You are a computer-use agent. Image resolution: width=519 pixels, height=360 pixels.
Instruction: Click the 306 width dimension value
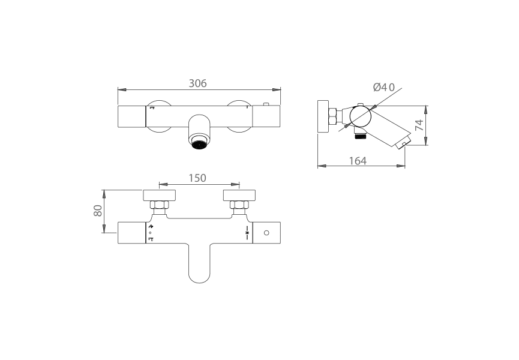coord(198,83)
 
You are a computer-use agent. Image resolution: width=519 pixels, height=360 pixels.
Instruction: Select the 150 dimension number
coord(198,178)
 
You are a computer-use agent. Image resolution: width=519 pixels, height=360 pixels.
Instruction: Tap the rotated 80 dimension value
coord(98,212)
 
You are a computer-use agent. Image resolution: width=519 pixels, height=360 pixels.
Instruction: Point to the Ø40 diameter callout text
coord(383,87)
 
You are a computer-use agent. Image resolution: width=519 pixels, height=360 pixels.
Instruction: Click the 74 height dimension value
coord(419,125)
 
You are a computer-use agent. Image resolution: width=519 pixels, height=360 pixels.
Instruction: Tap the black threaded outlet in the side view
coord(360,136)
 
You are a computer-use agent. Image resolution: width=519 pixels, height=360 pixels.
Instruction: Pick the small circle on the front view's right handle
coord(266,232)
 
